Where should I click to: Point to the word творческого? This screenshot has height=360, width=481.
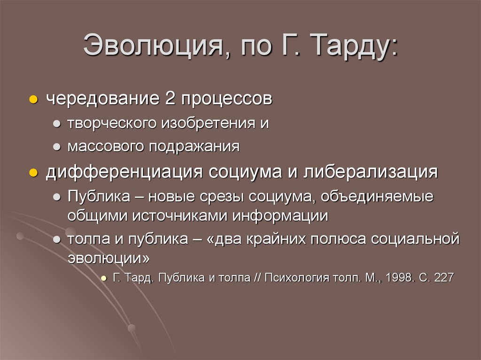coord(111,124)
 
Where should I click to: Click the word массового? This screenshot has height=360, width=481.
coord(106,146)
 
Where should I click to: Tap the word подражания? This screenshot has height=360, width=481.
coord(194,147)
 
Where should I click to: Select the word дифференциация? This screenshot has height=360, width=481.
coord(124,172)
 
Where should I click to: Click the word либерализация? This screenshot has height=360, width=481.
coord(371,172)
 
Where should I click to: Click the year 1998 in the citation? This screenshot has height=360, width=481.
coord(399,277)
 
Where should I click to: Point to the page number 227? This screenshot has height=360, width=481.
coord(443,277)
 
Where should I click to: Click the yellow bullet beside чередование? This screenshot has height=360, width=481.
coord(33,100)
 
